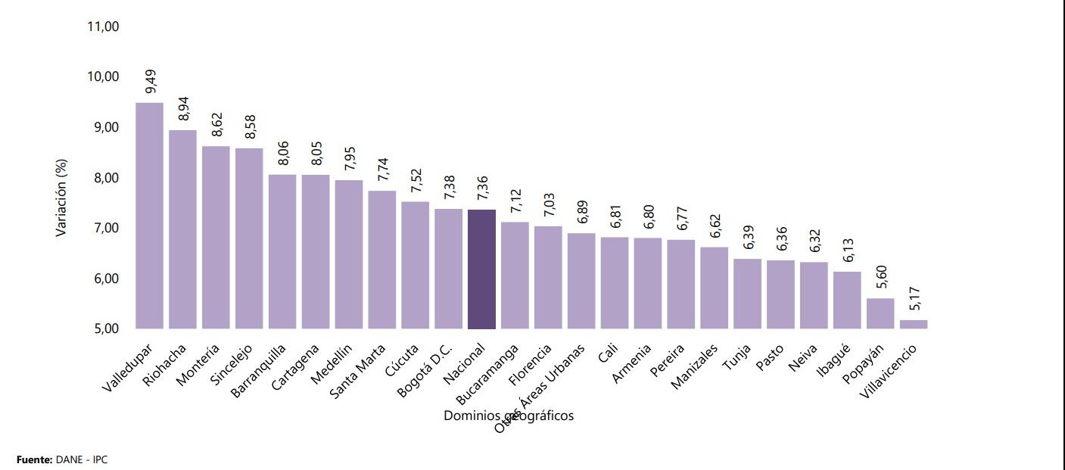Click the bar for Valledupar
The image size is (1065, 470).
coord(149,216)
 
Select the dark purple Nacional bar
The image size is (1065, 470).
coord(481,269)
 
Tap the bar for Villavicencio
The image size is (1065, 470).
coord(914,324)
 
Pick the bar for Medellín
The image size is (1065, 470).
coord(349,254)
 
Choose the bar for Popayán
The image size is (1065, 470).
coord(880,313)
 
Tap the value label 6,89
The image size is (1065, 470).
coord(582,213)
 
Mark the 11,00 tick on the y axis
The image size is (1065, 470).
coord(104,26)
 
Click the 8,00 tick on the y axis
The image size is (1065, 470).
coord(104,178)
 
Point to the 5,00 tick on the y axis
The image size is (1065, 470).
coord(104,329)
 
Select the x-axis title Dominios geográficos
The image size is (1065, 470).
coord(509,416)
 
